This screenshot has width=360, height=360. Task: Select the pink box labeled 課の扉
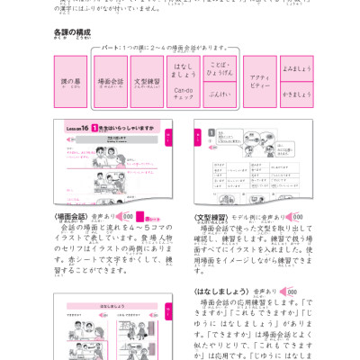coord(70,82)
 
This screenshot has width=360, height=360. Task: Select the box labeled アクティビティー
coord(260,82)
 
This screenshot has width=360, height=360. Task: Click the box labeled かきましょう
coord(296,94)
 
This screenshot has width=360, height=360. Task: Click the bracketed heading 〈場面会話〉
coord(71,217)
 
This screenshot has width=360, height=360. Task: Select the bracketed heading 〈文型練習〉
coord(211,217)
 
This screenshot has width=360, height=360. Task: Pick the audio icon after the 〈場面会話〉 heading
coord(125,217)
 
